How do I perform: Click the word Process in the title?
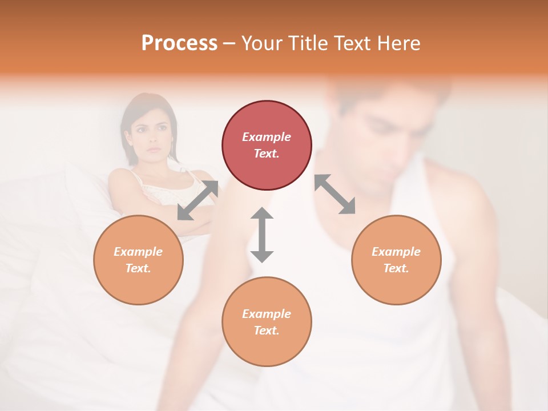pyautogui.click(x=179, y=43)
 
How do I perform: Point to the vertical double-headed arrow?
pyautogui.click(x=262, y=235)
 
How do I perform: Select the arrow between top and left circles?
pyautogui.click(x=198, y=200)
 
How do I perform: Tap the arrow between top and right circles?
pyautogui.click(x=335, y=194)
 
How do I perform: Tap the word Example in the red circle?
pyautogui.click(x=267, y=137)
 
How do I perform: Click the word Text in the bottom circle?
pyautogui.click(x=265, y=331)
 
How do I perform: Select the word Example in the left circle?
pyautogui.click(x=138, y=252)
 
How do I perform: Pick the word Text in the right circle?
pyautogui.click(x=395, y=268)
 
